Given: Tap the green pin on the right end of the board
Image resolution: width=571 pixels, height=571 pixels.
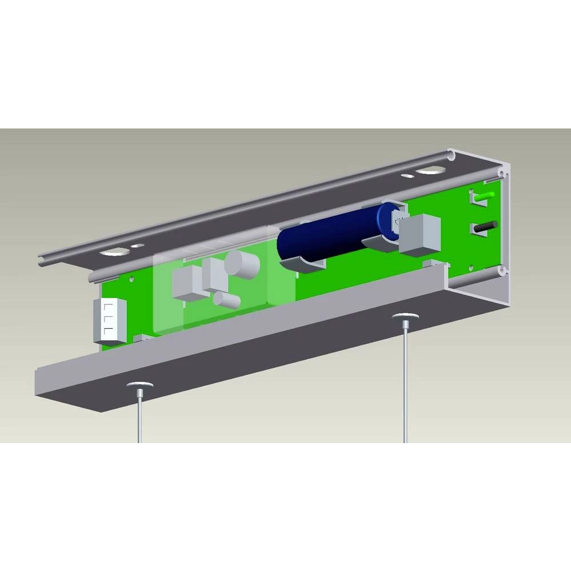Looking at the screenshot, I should [x=484, y=196].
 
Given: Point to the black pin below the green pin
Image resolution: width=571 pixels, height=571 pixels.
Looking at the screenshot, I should [x=486, y=226].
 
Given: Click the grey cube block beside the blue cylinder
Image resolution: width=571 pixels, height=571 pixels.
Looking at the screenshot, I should [x=420, y=234].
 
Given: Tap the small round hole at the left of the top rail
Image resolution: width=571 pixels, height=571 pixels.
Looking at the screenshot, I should [x=138, y=246].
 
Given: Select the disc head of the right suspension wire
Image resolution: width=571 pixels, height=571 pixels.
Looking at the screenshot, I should [x=405, y=316].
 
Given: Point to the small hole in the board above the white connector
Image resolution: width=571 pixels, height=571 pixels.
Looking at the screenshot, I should [x=132, y=280].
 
